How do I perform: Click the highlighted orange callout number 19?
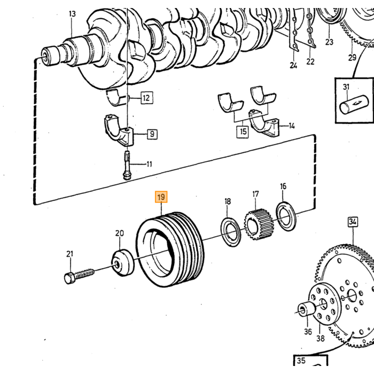(161, 197)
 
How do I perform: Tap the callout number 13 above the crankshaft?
(72, 14)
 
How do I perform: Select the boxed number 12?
(146, 98)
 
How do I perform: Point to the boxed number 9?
(152, 134)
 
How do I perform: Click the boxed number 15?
(243, 131)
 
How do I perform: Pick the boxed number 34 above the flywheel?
(353, 222)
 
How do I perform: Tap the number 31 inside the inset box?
(346, 87)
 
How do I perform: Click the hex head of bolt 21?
(69, 278)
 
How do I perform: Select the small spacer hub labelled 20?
(122, 263)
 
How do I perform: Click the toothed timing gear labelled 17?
(258, 224)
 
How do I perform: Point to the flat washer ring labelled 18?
(230, 232)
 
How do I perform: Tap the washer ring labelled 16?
(286, 216)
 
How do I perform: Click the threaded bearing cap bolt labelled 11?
(127, 165)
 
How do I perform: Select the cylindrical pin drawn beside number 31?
(354, 105)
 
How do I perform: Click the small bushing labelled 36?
(307, 309)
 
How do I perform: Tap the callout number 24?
(293, 65)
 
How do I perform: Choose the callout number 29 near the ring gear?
(352, 57)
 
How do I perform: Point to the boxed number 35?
(301, 361)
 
